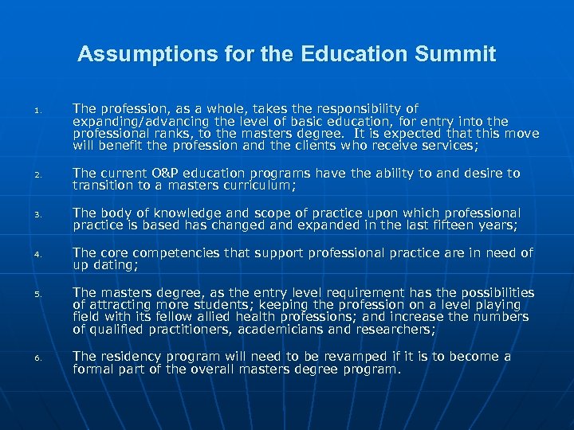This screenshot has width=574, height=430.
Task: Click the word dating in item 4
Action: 115,265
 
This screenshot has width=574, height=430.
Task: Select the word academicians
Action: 305,330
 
